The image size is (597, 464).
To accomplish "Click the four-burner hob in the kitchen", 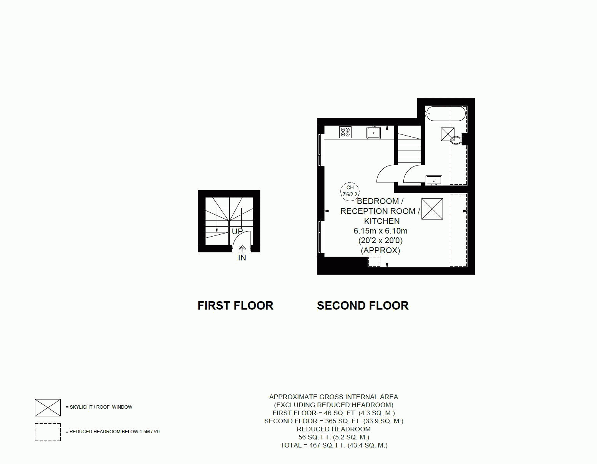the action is (345, 132).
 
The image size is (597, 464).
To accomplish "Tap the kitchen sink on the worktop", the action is (373, 133).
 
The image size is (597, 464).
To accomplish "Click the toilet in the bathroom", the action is (456, 140).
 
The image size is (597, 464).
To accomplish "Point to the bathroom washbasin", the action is (434, 181).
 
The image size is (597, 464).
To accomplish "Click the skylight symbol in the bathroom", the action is (448, 134).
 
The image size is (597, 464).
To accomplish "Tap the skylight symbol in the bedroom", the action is (432, 209).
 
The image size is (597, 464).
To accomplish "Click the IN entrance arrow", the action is (242, 249).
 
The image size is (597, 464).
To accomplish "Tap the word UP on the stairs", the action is (237, 232).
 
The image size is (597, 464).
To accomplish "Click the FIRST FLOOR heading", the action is (235, 306).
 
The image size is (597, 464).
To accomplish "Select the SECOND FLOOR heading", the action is (363, 306).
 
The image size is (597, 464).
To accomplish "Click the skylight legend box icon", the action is (48, 408).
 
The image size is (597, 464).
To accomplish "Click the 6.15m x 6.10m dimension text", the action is (380, 231).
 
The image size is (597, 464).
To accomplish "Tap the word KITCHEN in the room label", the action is (382, 221).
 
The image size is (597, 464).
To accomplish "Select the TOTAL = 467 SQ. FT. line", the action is (334, 445).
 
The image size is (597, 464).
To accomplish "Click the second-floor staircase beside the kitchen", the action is (410, 145).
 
